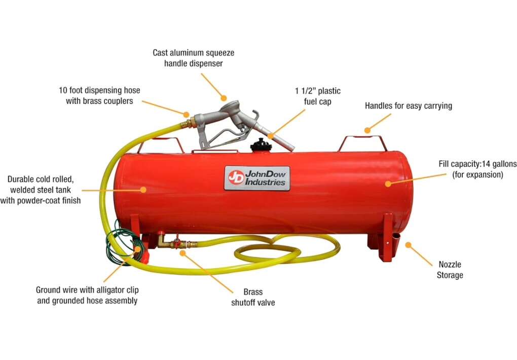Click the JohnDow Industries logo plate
pyautogui.click(x=257, y=178)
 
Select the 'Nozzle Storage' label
pyautogui.click(x=450, y=270)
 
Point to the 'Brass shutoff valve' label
pyautogui.click(x=253, y=297)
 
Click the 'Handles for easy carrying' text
pyautogui.click(x=408, y=105)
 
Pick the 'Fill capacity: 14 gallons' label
pyautogui.click(x=477, y=169)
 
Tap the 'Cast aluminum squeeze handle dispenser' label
pyautogui.click(x=194, y=58)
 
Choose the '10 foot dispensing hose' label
pyautogui.click(x=99, y=95)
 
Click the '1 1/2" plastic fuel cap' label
pyautogui.click(x=317, y=96)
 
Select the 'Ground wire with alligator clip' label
pyautogui.click(x=87, y=295)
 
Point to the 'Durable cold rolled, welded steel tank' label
pyautogui.click(x=40, y=190)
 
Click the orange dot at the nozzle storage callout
pyautogui.click(x=408, y=245)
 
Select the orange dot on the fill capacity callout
pyautogui.click(x=388, y=184)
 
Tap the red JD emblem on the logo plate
pyautogui.click(x=236, y=178)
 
